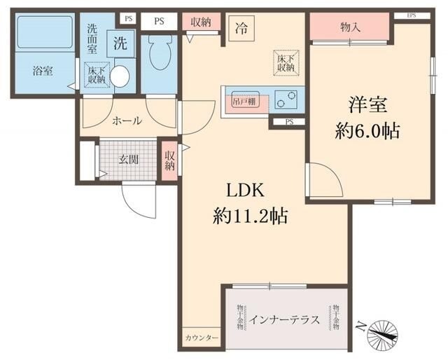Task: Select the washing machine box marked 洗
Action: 120,44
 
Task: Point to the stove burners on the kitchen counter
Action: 288,99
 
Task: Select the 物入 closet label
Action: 350,28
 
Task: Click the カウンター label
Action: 202,338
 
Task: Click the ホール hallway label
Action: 127,120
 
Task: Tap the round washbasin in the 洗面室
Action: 120,76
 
